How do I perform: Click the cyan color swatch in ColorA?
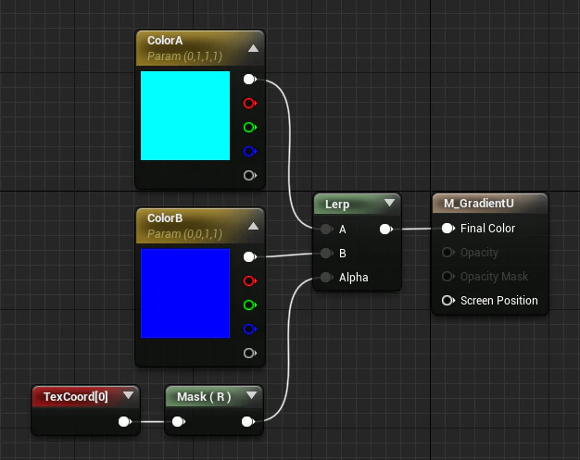click(185, 116)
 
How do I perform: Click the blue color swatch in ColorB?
click(185, 293)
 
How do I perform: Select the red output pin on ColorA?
click(250, 103)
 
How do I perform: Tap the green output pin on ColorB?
click(250, 305)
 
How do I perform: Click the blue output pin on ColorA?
click(250, 151)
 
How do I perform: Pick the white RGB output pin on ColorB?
click(250, 256)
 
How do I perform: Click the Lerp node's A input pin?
click(326, 230)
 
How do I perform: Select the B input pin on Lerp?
click(326, 253)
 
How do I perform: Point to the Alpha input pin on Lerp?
click(326, 277)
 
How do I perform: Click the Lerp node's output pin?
click(386, 230)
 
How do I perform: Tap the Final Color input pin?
click(448, 229)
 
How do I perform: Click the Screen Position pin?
click(448, 301)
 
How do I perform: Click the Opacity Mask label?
click(494, 277)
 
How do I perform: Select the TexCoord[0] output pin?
click(125, 421)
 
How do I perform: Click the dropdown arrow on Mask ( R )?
click(251, 395)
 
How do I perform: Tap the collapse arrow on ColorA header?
click(253, 48)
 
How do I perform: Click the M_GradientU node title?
click(479, 204)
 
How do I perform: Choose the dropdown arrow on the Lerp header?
click(389, 203)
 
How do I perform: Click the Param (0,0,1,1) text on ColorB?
click(184, 234)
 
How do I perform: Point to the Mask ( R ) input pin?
click(179, 421)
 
